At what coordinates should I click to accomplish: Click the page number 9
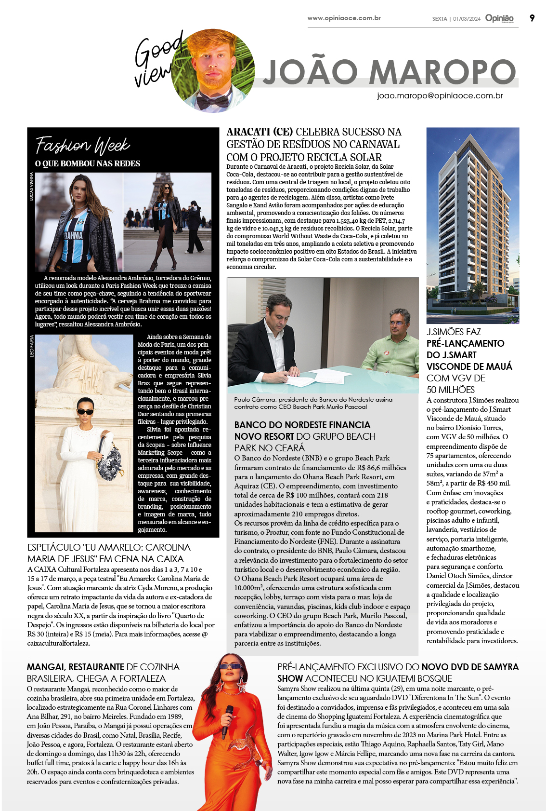[532, 18]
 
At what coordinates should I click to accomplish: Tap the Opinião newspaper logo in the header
[499, 18]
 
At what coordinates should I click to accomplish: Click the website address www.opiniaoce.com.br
[344, 18]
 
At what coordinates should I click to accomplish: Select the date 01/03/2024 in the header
[467, 19]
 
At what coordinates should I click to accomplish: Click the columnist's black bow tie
[212, 101]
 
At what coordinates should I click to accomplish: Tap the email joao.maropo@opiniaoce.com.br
[440, 95]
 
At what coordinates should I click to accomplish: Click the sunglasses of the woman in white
[86, 411]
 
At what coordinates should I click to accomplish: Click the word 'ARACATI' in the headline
[248, 132]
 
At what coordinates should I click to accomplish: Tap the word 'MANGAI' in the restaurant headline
[46, 667]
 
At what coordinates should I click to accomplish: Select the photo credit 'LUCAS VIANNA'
[32, 187]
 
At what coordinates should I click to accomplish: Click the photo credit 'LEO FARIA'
[32, 346]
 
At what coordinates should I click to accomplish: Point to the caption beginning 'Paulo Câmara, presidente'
[313, 403]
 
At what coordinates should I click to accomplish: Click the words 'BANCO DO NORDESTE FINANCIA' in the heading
[302, 425]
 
